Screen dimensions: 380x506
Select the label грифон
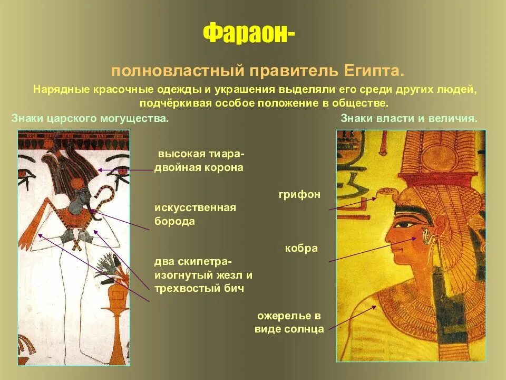pyautogui.click(x=299, y=195)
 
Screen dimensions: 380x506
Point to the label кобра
pyautogui.click(x=301, y=248)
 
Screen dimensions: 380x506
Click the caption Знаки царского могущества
pyautogui.click(x=90, y=119)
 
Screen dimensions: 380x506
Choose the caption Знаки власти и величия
pyautogui.click(x=409, y=119)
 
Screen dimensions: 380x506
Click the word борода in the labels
pyautogui.click(x=174, y=222)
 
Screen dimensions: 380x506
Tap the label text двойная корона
pyautogui.click(x=199, y=168)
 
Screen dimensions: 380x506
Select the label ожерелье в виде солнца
pyautogui.click(x=289, y=322)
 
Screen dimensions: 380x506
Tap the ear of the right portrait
pyautogui.click(x=427, y=235)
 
